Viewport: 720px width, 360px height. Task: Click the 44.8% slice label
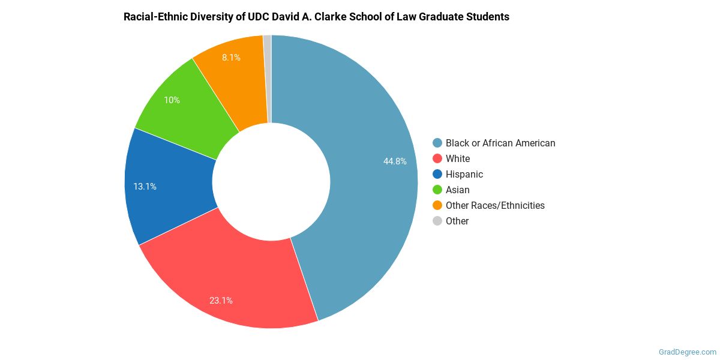[395, 161]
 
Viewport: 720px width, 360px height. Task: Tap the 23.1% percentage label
[221, 301]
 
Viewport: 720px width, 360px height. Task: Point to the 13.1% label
[145, 187]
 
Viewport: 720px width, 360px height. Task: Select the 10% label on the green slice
[172, 100]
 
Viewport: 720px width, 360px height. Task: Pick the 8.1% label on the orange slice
[231, 58]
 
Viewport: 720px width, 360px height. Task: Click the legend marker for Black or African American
[437, 143]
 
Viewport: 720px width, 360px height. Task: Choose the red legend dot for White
[437, 159]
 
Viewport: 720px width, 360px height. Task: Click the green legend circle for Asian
[437, 190]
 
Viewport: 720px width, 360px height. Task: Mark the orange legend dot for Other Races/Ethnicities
[437, 206]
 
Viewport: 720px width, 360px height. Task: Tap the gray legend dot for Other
[437, 221]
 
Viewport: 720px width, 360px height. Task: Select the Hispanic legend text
[464, 175]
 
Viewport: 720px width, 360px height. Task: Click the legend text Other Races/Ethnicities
[495, 206]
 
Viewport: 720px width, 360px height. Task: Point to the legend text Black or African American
[500, 143]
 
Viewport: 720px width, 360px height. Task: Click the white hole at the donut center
[271, 182]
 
